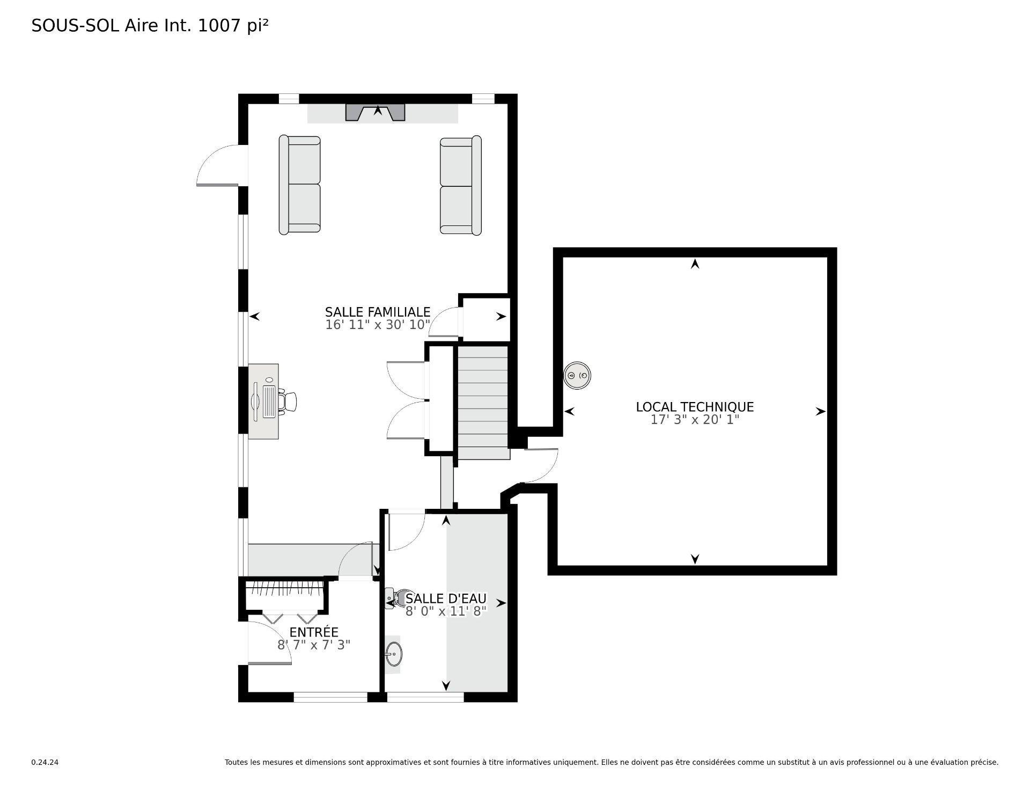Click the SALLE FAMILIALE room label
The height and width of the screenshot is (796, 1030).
click(x=377, y=312)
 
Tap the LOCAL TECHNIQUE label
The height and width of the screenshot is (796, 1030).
click(x=695, y=407)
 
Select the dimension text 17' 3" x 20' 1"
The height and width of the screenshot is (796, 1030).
click(x=695, y=420)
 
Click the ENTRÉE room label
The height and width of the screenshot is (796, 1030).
click(x=314, y=632)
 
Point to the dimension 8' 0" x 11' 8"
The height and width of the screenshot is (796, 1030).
click(x=446, y=611)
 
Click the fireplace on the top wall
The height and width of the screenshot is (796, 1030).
click(x=375, y=113)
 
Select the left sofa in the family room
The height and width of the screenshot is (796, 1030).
click(x=299, y=185)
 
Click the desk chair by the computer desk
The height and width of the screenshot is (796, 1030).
click(x=290, y=401)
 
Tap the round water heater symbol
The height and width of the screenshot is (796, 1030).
click(x=577, y=375)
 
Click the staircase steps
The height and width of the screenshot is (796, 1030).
click(x=482, y=403)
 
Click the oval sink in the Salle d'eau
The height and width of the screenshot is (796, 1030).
click(x=393, y=654)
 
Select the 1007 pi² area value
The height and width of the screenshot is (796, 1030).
click(x=233, y=25)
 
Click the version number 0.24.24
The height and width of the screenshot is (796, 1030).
click(x=45, y=762)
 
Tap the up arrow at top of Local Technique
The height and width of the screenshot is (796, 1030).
click(x=695, y=264)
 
